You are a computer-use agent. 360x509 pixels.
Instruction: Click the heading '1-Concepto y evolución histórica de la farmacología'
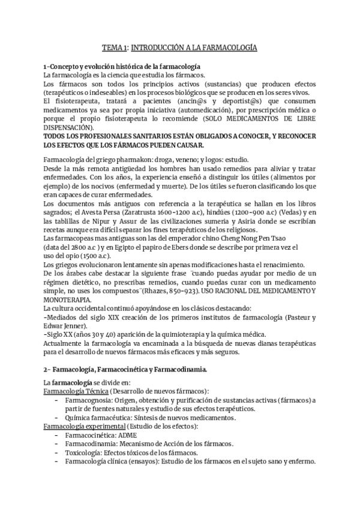pos(122,65)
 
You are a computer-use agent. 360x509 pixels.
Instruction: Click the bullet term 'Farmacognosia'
pos(89,400)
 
